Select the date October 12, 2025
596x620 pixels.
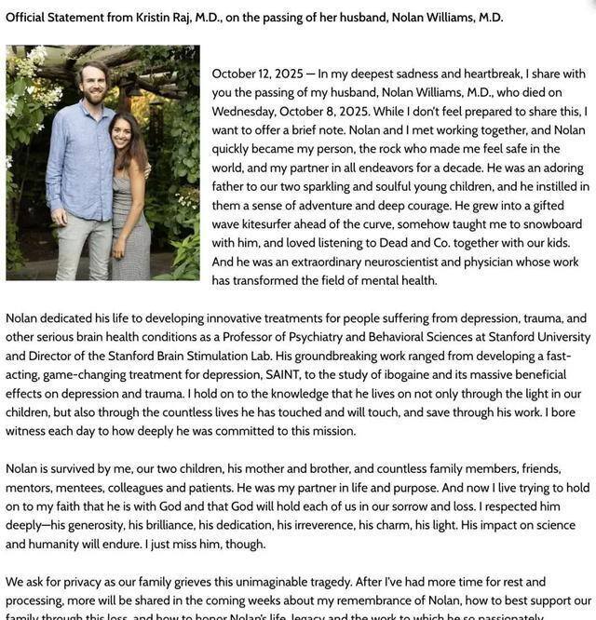254,74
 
